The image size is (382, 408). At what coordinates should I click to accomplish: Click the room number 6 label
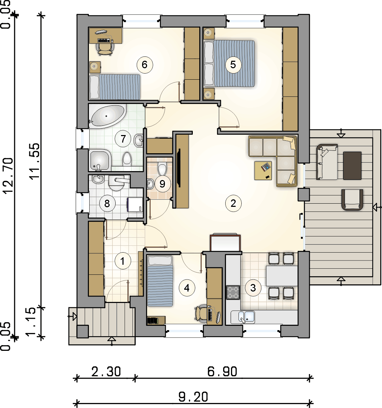click(145, 65)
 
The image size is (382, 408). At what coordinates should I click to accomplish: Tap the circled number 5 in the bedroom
click(233, 65)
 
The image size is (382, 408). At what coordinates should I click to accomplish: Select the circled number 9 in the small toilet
click(162, 184)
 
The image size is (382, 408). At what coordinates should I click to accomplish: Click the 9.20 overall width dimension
click(193, 397)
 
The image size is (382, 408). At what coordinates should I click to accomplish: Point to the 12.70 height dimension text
click(8, 175)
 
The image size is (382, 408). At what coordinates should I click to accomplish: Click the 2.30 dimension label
click(106, 372)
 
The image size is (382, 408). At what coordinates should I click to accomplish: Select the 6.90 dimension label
click(222, 372)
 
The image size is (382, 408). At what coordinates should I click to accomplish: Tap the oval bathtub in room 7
click(107, 116)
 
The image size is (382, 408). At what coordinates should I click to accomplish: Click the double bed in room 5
click(229, 63)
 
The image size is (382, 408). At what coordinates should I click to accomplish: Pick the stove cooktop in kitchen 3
click(233, 293)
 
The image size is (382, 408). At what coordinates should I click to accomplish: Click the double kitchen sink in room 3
click(247, 317)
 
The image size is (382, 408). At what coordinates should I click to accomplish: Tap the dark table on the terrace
click(352, 166)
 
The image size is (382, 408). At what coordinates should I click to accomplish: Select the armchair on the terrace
click(352, 200)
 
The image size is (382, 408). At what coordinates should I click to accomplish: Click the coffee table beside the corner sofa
click(263, 170)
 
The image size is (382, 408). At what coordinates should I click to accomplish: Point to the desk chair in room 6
click(105, 49)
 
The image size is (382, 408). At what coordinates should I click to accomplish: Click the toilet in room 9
click(162, 169)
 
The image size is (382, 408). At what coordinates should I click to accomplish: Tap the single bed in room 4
click(160, 281)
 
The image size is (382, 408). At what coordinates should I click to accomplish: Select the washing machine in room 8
click(135, 204)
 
